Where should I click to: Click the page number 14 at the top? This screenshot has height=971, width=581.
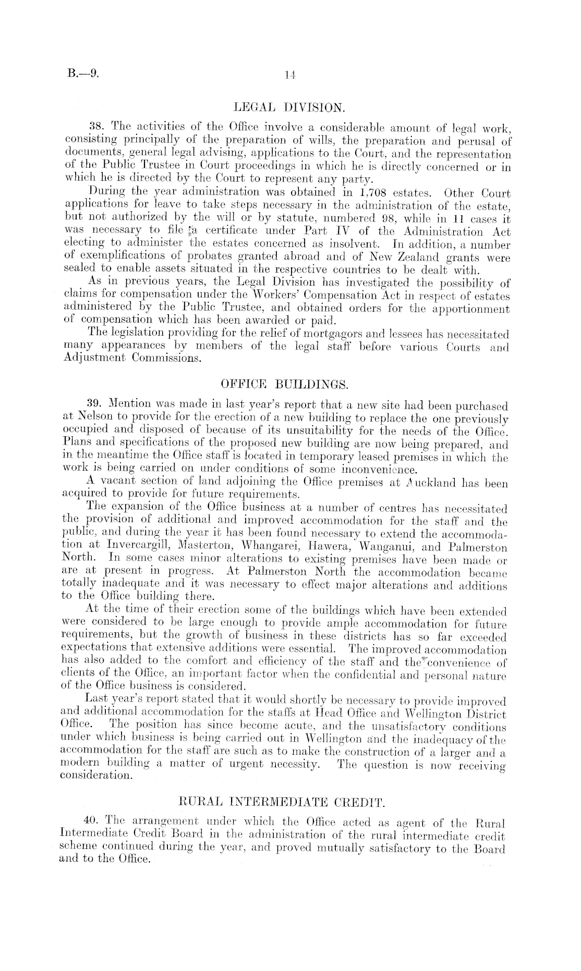(x=290, y=74)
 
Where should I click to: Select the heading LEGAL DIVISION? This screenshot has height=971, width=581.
(x=289, y=108)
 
